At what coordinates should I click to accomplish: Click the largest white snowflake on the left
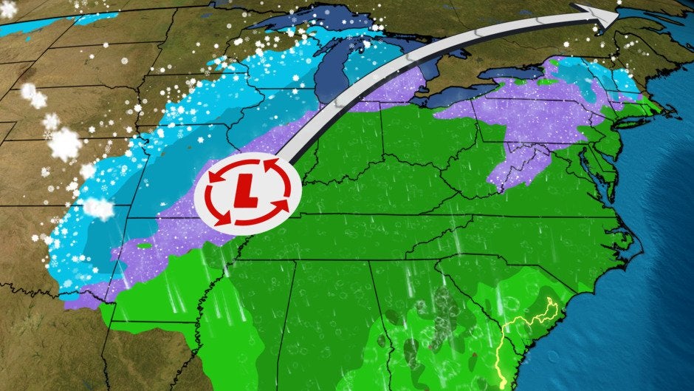point(65,143)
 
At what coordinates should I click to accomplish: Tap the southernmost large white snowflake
point(97,208)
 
